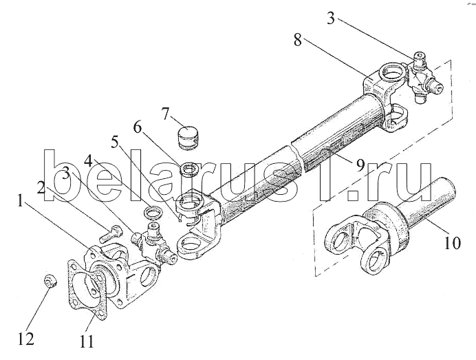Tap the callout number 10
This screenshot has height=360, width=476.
click(452, 242)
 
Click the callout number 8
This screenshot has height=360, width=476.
click(297, 40)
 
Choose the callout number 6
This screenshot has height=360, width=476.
click(138, 127)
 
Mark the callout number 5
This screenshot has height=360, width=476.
click(115, 142)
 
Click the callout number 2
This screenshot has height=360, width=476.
click(41, 189)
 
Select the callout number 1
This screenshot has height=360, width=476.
click(20, 201)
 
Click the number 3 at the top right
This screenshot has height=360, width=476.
click(331, 18)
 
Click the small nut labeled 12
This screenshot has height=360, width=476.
click(50, 281)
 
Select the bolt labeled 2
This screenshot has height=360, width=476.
click(111, 234)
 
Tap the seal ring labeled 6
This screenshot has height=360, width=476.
click(189, 169)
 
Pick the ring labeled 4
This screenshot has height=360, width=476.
click(153, 212)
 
